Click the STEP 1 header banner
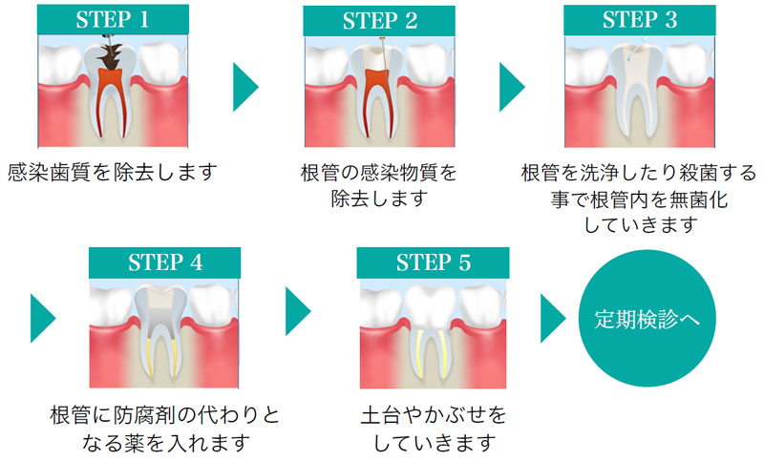[113, 19]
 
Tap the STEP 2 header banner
[379, 21]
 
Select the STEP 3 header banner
[640, 20]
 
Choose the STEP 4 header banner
[164, 262]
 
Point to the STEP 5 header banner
[433, 262]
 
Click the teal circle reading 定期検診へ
[647, 319]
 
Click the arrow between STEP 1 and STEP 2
[245, 87]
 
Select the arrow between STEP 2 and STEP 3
[512, 87]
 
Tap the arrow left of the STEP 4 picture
[43, 319]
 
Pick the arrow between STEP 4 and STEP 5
[298, 311]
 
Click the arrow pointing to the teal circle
[554, 319]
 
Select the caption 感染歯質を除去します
[112, 173]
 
